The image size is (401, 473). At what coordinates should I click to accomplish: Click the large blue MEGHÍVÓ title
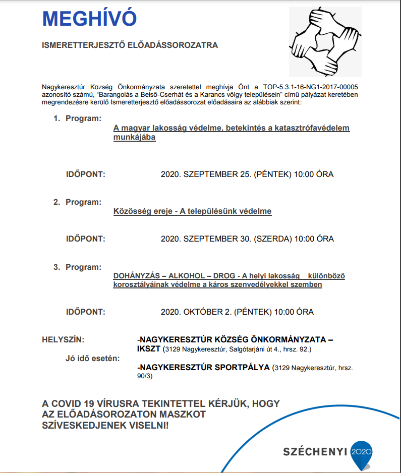(x=89, y=19)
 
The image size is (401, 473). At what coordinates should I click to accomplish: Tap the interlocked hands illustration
(x=324, y=41)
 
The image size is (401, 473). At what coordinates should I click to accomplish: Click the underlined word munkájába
(x=135, y=138)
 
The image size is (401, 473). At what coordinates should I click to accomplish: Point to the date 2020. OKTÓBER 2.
(x=196, y=312)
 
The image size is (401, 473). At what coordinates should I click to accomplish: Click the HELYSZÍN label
(x=63, y=339)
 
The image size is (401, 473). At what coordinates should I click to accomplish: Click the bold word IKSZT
(x=148, y=348)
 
